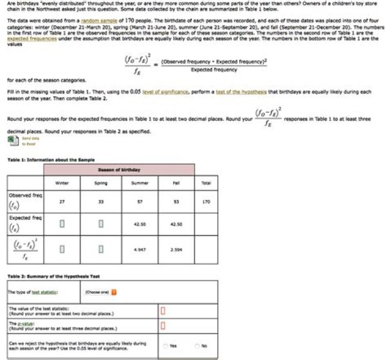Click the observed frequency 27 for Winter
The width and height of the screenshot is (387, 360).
click(x=62, y=202)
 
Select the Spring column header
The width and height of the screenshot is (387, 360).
click(x=100, y=183)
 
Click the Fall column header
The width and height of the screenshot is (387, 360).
click(x=175, y=183)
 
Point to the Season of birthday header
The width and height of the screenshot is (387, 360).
click(x=119, y=170)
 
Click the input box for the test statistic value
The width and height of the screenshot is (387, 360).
click(x=162, y=311)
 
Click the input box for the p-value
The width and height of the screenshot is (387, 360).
click(x=162, y=325)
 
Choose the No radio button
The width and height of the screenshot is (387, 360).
click(x=197, y=346)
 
